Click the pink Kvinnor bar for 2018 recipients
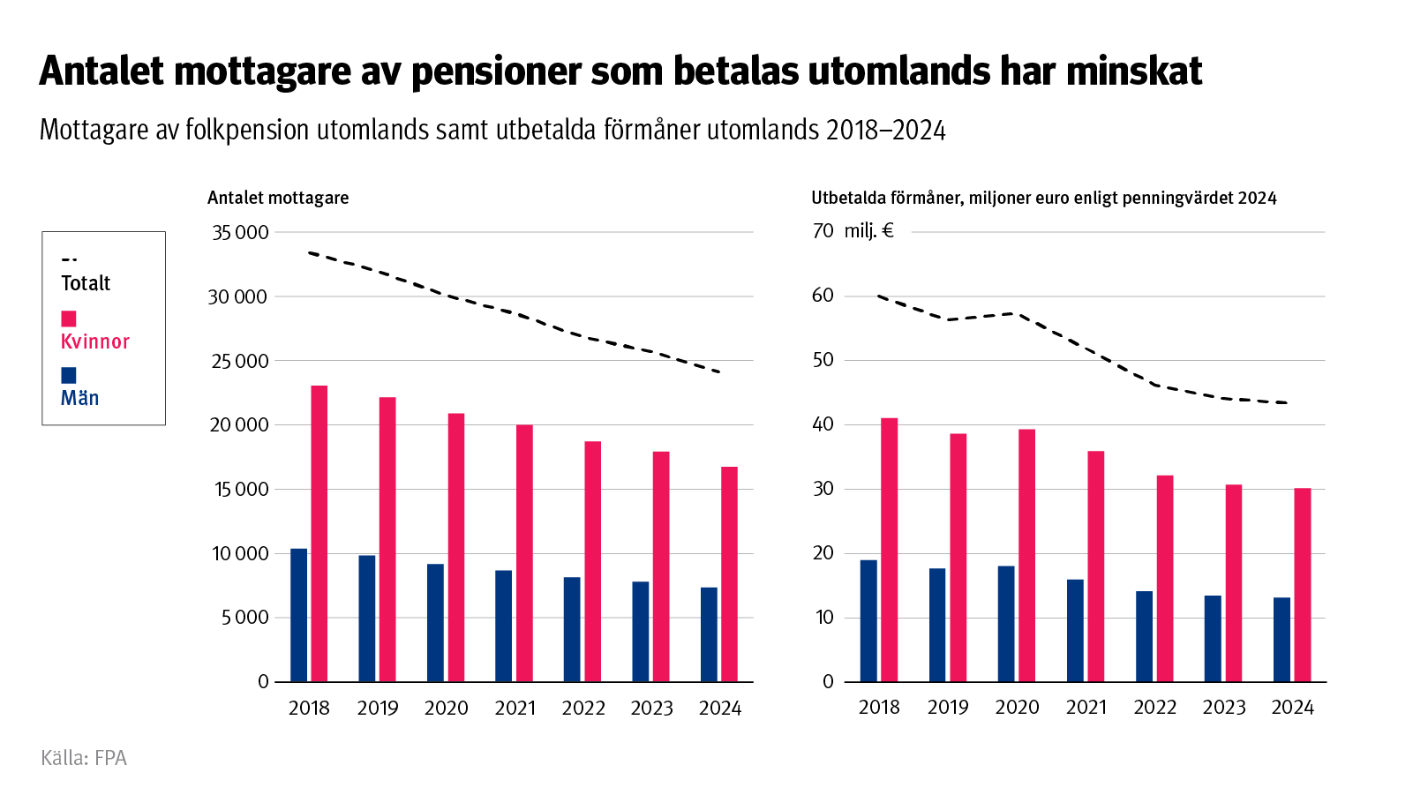(x=319, y=533)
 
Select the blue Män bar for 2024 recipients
(x=709, y=634)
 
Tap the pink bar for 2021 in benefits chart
(x=1096, y=566)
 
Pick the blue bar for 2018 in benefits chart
(x=868, y=620)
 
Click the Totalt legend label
(x=86, y=283)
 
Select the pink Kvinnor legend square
(x=69, y=319)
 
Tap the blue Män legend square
(x=69, y=375)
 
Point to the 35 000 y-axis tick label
(x=239, y=233)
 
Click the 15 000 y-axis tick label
(x=239, y=490)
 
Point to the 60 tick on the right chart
(x=823, y=296)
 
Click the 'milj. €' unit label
(x=868, y=231)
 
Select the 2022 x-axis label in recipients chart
(x=583, y=708)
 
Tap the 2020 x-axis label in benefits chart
(x=1017, y=708)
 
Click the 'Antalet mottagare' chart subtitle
(x=278, y=198)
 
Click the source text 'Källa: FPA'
(x=84, y=758)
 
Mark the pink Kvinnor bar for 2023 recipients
(x=661, y=566)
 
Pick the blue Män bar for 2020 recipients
(x=435, y=622)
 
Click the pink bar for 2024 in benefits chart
(x=1303, y=584)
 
